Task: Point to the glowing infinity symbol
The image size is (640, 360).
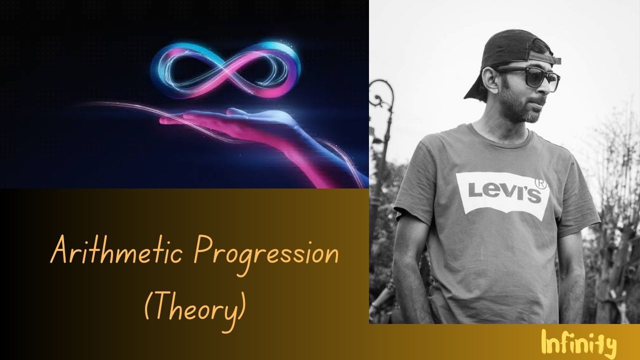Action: [x=225, y=70]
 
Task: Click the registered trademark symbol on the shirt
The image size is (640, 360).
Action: [x=540, y=184]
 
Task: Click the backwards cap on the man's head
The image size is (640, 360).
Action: [x=511, y=57]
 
